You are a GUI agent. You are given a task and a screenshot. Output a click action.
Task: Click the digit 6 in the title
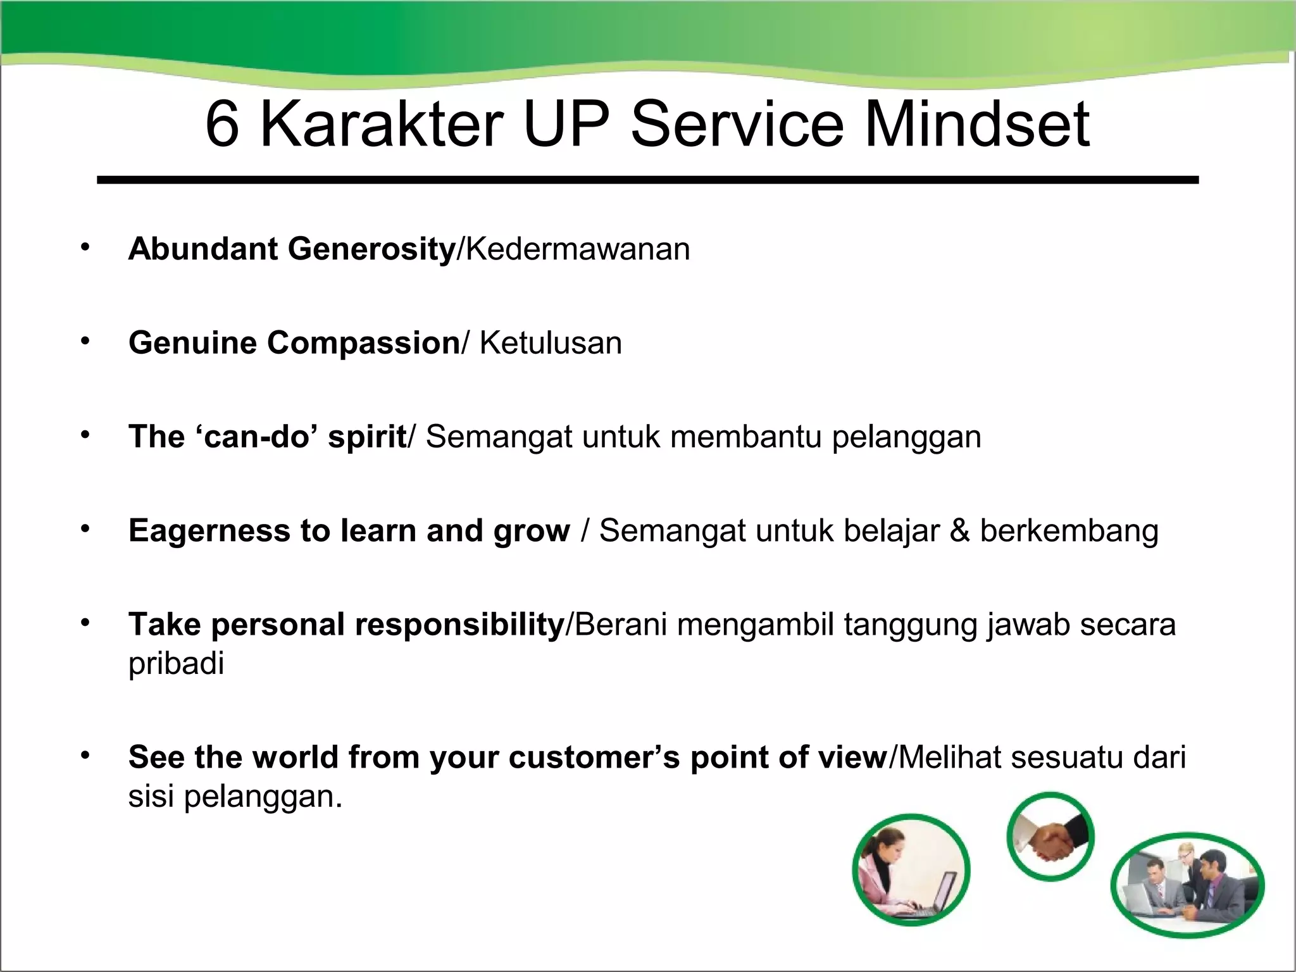(x=223, y=125)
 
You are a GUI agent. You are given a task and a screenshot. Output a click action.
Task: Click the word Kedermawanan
(x=578, y=249)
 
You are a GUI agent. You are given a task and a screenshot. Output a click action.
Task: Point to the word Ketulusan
(x=551, y=343)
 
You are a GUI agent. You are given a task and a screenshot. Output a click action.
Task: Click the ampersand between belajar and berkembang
(x=959, y=530)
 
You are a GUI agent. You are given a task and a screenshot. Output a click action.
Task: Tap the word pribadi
(x=176, y=664)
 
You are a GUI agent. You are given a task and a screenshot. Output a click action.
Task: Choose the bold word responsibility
(x=459, y=625)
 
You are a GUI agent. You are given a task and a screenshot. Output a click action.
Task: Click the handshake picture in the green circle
(x=1050, y=837)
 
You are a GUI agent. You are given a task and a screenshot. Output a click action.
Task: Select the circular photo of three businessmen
(x=1187, y=885)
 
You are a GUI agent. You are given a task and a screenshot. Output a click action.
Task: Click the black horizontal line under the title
(x=647, y=180)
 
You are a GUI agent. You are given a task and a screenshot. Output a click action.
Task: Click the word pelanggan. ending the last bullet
(x=263, y=797)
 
